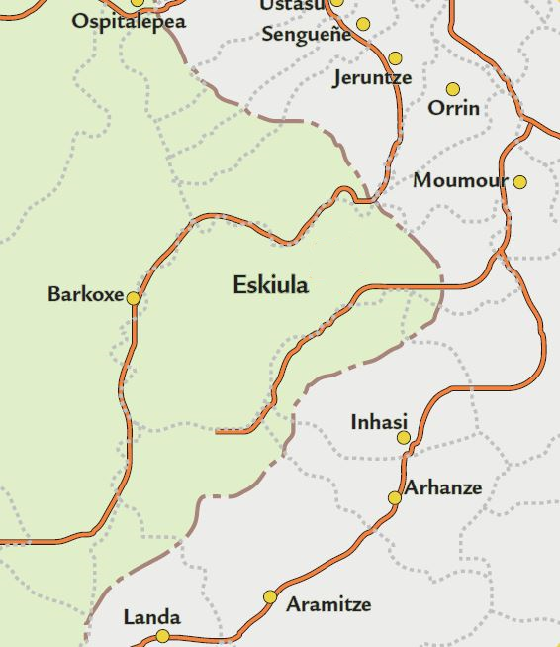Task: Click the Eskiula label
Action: (x=270, y=285)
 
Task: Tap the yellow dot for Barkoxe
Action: (x=133, y=297)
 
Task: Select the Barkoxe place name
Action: (x=86, y=295)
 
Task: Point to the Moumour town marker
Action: (x=520, y=182)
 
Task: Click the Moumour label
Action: (x=460, y=181)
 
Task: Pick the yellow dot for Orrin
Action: (x=453, y=90)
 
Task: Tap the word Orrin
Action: (x=454, y=108)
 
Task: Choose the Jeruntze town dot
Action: (x=396, y=59)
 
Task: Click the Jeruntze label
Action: (x=372, y=78)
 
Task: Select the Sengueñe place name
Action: (x=307, y=35)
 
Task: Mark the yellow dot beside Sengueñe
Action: (x=363, y=24)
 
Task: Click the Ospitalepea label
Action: (x=129, y=21)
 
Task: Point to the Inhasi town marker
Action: (x=404, y=438)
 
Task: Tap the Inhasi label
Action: (x=379, y=422)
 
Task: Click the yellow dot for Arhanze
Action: (x=394, y=497)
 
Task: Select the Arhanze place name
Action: (x=443, y=487)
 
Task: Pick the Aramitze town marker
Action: (x=270, y=596)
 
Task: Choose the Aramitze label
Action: (x=328, y=604)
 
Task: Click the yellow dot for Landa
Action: (x=163, y=636)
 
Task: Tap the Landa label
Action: (x=151, y=618)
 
